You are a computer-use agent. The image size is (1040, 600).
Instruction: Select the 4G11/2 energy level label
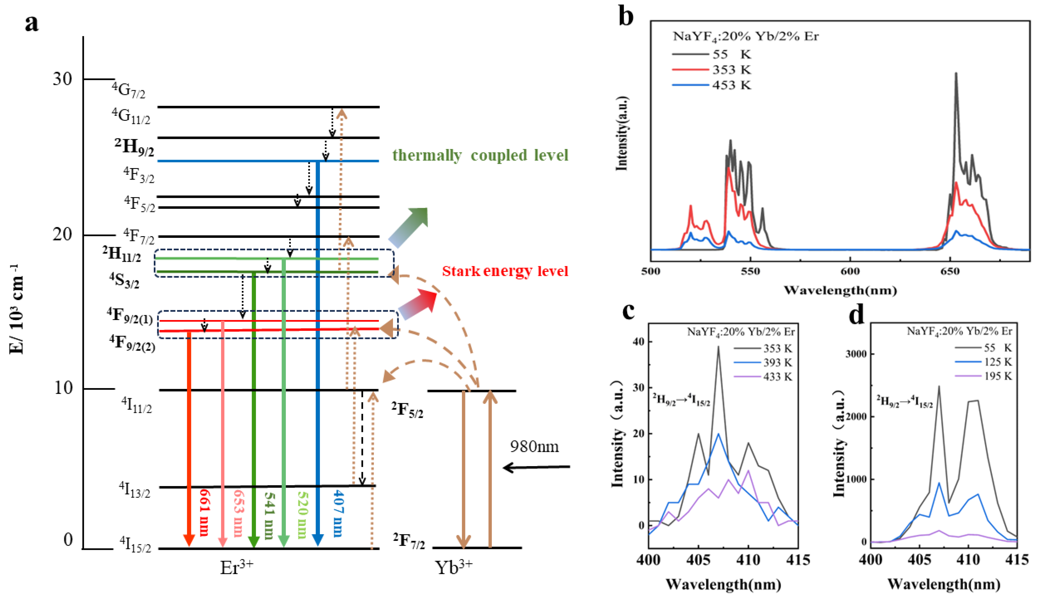coord(131,116)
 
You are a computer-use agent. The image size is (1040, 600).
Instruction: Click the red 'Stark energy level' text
coord(505,271)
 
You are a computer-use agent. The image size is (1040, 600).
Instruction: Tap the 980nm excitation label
coord(534,447)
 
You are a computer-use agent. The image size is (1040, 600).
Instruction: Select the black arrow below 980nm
coord(536,467)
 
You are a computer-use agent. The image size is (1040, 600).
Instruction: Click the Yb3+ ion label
coord(454,568)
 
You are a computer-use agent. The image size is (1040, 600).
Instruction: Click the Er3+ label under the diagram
coord(237,568)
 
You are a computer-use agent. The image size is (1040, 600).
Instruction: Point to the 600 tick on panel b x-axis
coord(850,271)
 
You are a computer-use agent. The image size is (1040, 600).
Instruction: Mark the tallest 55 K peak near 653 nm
coord(956,74)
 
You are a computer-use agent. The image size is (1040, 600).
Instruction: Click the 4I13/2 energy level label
coord(134,490)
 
